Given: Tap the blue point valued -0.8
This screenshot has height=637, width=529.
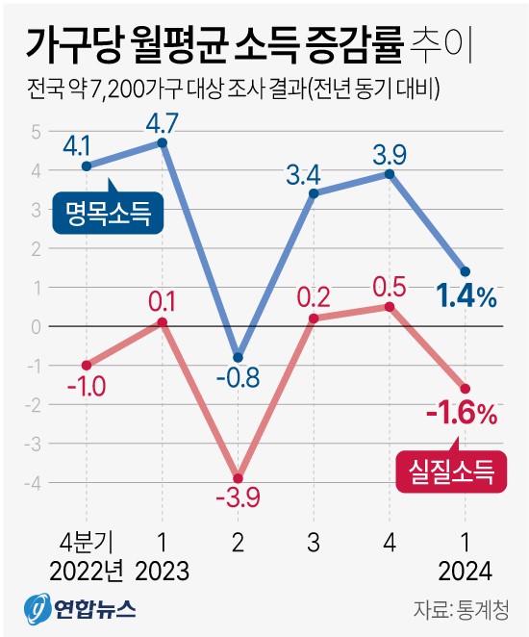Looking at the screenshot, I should coord(238,357).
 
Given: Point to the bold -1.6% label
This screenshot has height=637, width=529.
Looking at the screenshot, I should coord(463,415).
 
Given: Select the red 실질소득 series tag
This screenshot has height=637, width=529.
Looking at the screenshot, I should coord(451,471).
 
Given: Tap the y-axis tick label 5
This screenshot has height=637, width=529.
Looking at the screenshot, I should coord(36,131).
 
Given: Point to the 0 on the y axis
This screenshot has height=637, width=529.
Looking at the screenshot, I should coord(36,327).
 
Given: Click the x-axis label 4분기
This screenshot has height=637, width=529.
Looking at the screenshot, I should coord(87,539).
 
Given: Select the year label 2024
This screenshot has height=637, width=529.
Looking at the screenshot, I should coord(465,571).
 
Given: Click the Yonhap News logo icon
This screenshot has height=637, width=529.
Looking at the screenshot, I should coord(38,609).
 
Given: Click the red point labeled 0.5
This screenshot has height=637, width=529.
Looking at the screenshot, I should coord(390,307).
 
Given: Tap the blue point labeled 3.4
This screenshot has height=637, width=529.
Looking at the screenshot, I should coord(314,193).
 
